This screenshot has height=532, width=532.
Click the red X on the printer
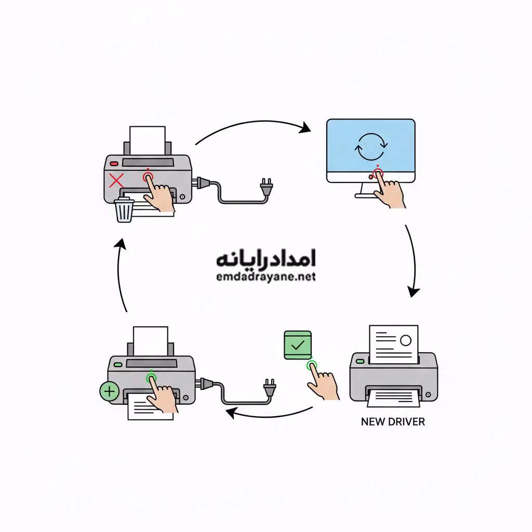pyautogui.click(x=117, y=181)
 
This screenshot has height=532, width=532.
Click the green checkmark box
pyautogui.click(x=298, y=344)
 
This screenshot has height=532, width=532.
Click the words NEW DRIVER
pyautogui.click(x=392, y=422)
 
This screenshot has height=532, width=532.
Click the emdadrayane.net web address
pyautogui.click(x=265, y=277)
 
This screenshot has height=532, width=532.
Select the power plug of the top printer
pyautogui.click(x=267, y=187)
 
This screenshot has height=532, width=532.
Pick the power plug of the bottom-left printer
pyautogui.click(x=269, y=387)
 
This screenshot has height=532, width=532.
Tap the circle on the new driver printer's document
pyautogui.click(x=405, y=340)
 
